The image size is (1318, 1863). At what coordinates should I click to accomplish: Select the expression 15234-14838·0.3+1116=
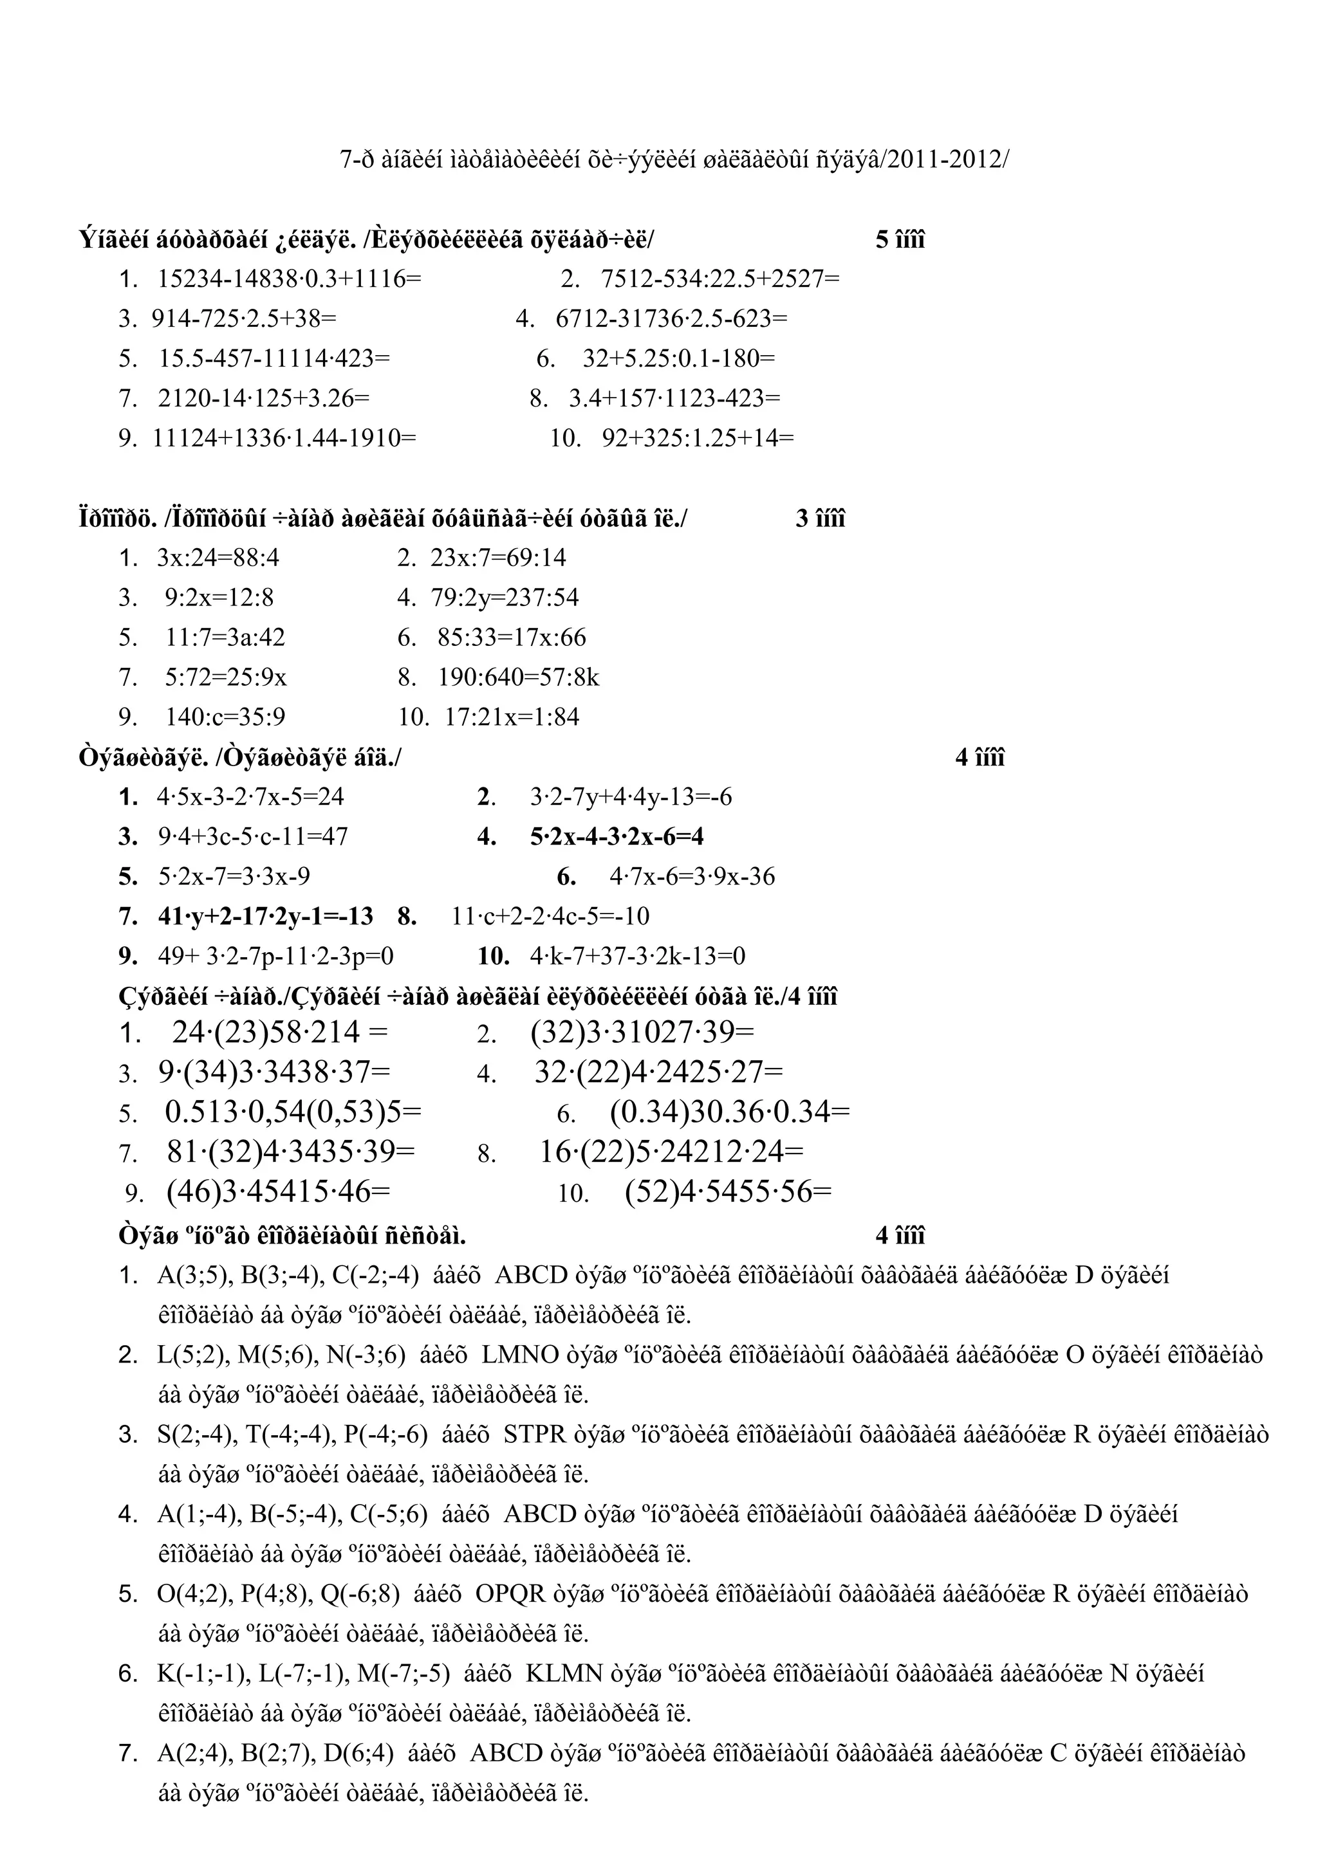pos(290,279)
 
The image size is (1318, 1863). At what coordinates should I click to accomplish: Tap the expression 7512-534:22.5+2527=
pos(720,279)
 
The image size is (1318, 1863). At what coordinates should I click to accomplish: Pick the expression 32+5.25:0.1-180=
pos(678,359)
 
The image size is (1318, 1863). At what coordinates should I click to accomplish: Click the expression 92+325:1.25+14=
pos(698,438)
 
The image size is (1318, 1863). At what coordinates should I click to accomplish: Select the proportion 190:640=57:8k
pos(519,677)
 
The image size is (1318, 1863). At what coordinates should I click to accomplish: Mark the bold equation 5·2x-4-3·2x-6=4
pos(617,836)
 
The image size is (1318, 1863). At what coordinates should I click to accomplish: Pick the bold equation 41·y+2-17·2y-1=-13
pos(265,916)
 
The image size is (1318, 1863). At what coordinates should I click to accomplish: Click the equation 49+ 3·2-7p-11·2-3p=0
pos(276,956)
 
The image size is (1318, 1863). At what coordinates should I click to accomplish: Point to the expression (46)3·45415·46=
pos(279,1192)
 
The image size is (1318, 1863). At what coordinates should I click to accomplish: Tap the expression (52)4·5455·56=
pos(729,1192)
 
